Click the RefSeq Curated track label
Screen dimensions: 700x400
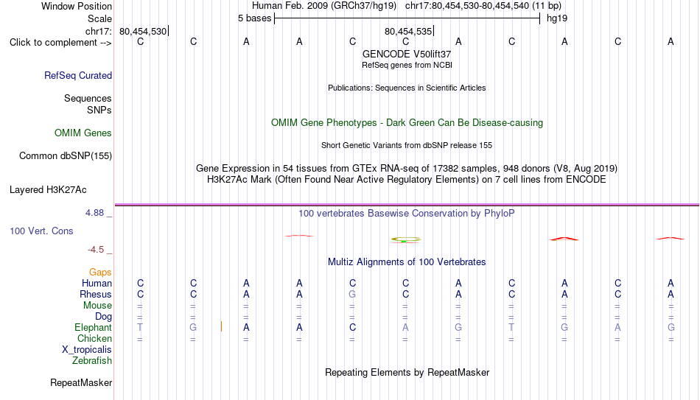78,75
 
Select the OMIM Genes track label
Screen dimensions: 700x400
83,133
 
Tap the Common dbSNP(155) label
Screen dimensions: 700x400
66,156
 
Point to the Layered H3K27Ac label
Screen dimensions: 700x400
48,190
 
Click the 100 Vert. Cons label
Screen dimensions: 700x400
41,231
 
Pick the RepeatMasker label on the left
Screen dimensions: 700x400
81,382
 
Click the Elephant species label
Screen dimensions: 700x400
94,327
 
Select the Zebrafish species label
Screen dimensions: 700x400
92,360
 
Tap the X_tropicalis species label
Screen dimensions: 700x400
87,350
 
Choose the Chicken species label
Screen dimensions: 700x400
94,338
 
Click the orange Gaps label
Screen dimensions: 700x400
100,272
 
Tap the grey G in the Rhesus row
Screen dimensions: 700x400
352,294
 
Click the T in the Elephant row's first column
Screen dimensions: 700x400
140,327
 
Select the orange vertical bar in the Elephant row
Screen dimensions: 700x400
222,327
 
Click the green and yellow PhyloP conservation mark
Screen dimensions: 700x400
406,239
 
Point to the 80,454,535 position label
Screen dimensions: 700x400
408,31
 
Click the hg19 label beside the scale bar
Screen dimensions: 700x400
557,18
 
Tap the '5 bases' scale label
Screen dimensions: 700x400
254,18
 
